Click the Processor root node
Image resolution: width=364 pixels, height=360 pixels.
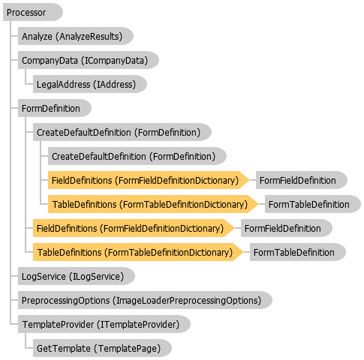33,12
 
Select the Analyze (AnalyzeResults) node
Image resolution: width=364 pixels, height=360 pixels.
76,36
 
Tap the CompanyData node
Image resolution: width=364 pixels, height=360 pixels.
89,60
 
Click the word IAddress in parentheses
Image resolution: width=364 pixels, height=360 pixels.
114,85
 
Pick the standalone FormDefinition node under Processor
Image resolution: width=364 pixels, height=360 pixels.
55,108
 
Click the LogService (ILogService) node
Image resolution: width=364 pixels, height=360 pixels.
77,276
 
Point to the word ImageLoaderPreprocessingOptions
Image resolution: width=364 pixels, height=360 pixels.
187,300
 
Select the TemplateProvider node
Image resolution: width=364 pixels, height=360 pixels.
104,324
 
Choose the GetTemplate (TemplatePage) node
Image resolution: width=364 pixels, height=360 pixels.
102,348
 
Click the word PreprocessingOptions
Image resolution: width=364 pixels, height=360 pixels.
65,300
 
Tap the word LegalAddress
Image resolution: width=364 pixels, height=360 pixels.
63,85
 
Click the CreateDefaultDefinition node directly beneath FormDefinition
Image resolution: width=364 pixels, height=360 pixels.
122,132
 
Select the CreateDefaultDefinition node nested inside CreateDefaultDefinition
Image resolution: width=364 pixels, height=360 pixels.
137,156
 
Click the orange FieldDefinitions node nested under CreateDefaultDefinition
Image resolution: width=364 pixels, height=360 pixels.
149,180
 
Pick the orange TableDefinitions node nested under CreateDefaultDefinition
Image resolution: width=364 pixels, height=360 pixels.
153,204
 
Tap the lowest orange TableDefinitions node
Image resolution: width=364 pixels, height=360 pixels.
138,252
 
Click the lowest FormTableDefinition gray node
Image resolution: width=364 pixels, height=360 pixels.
298,252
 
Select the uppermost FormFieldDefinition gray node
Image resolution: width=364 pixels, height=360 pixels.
302,180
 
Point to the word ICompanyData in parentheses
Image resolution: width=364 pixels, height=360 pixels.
114,61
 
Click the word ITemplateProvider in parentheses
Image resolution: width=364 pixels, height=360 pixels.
138,325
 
